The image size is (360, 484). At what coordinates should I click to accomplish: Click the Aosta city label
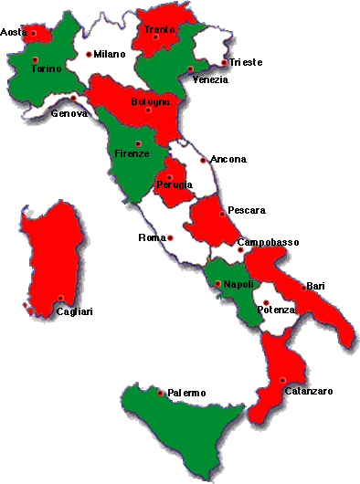click(13, 33)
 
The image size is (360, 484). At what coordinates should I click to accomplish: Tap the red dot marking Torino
click(36, 59)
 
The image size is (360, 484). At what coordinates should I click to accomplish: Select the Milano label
click(109, 55)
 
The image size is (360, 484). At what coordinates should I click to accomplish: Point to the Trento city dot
click(156, 37)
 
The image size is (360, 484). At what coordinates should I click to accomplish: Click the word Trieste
click(246, 62)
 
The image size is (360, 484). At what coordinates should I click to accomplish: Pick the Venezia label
click(210, 80)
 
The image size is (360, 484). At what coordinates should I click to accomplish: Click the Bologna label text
click(150, 101)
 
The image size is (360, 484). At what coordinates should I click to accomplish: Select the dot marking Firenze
click(137, 143)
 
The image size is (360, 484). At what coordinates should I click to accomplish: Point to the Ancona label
click(228, 160)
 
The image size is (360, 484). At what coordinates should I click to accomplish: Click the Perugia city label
click(175, 186)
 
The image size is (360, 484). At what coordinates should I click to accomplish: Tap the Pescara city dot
click(222, 215)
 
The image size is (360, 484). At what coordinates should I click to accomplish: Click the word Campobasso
click(268, 242)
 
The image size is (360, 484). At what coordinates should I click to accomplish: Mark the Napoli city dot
click(217, 284)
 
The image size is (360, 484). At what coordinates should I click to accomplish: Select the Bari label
click(316, 287)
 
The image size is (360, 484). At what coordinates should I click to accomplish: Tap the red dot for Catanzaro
click(283, 380)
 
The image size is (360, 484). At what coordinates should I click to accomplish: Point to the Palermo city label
click(186, 393)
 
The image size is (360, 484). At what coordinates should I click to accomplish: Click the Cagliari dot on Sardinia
click(60, 298)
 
